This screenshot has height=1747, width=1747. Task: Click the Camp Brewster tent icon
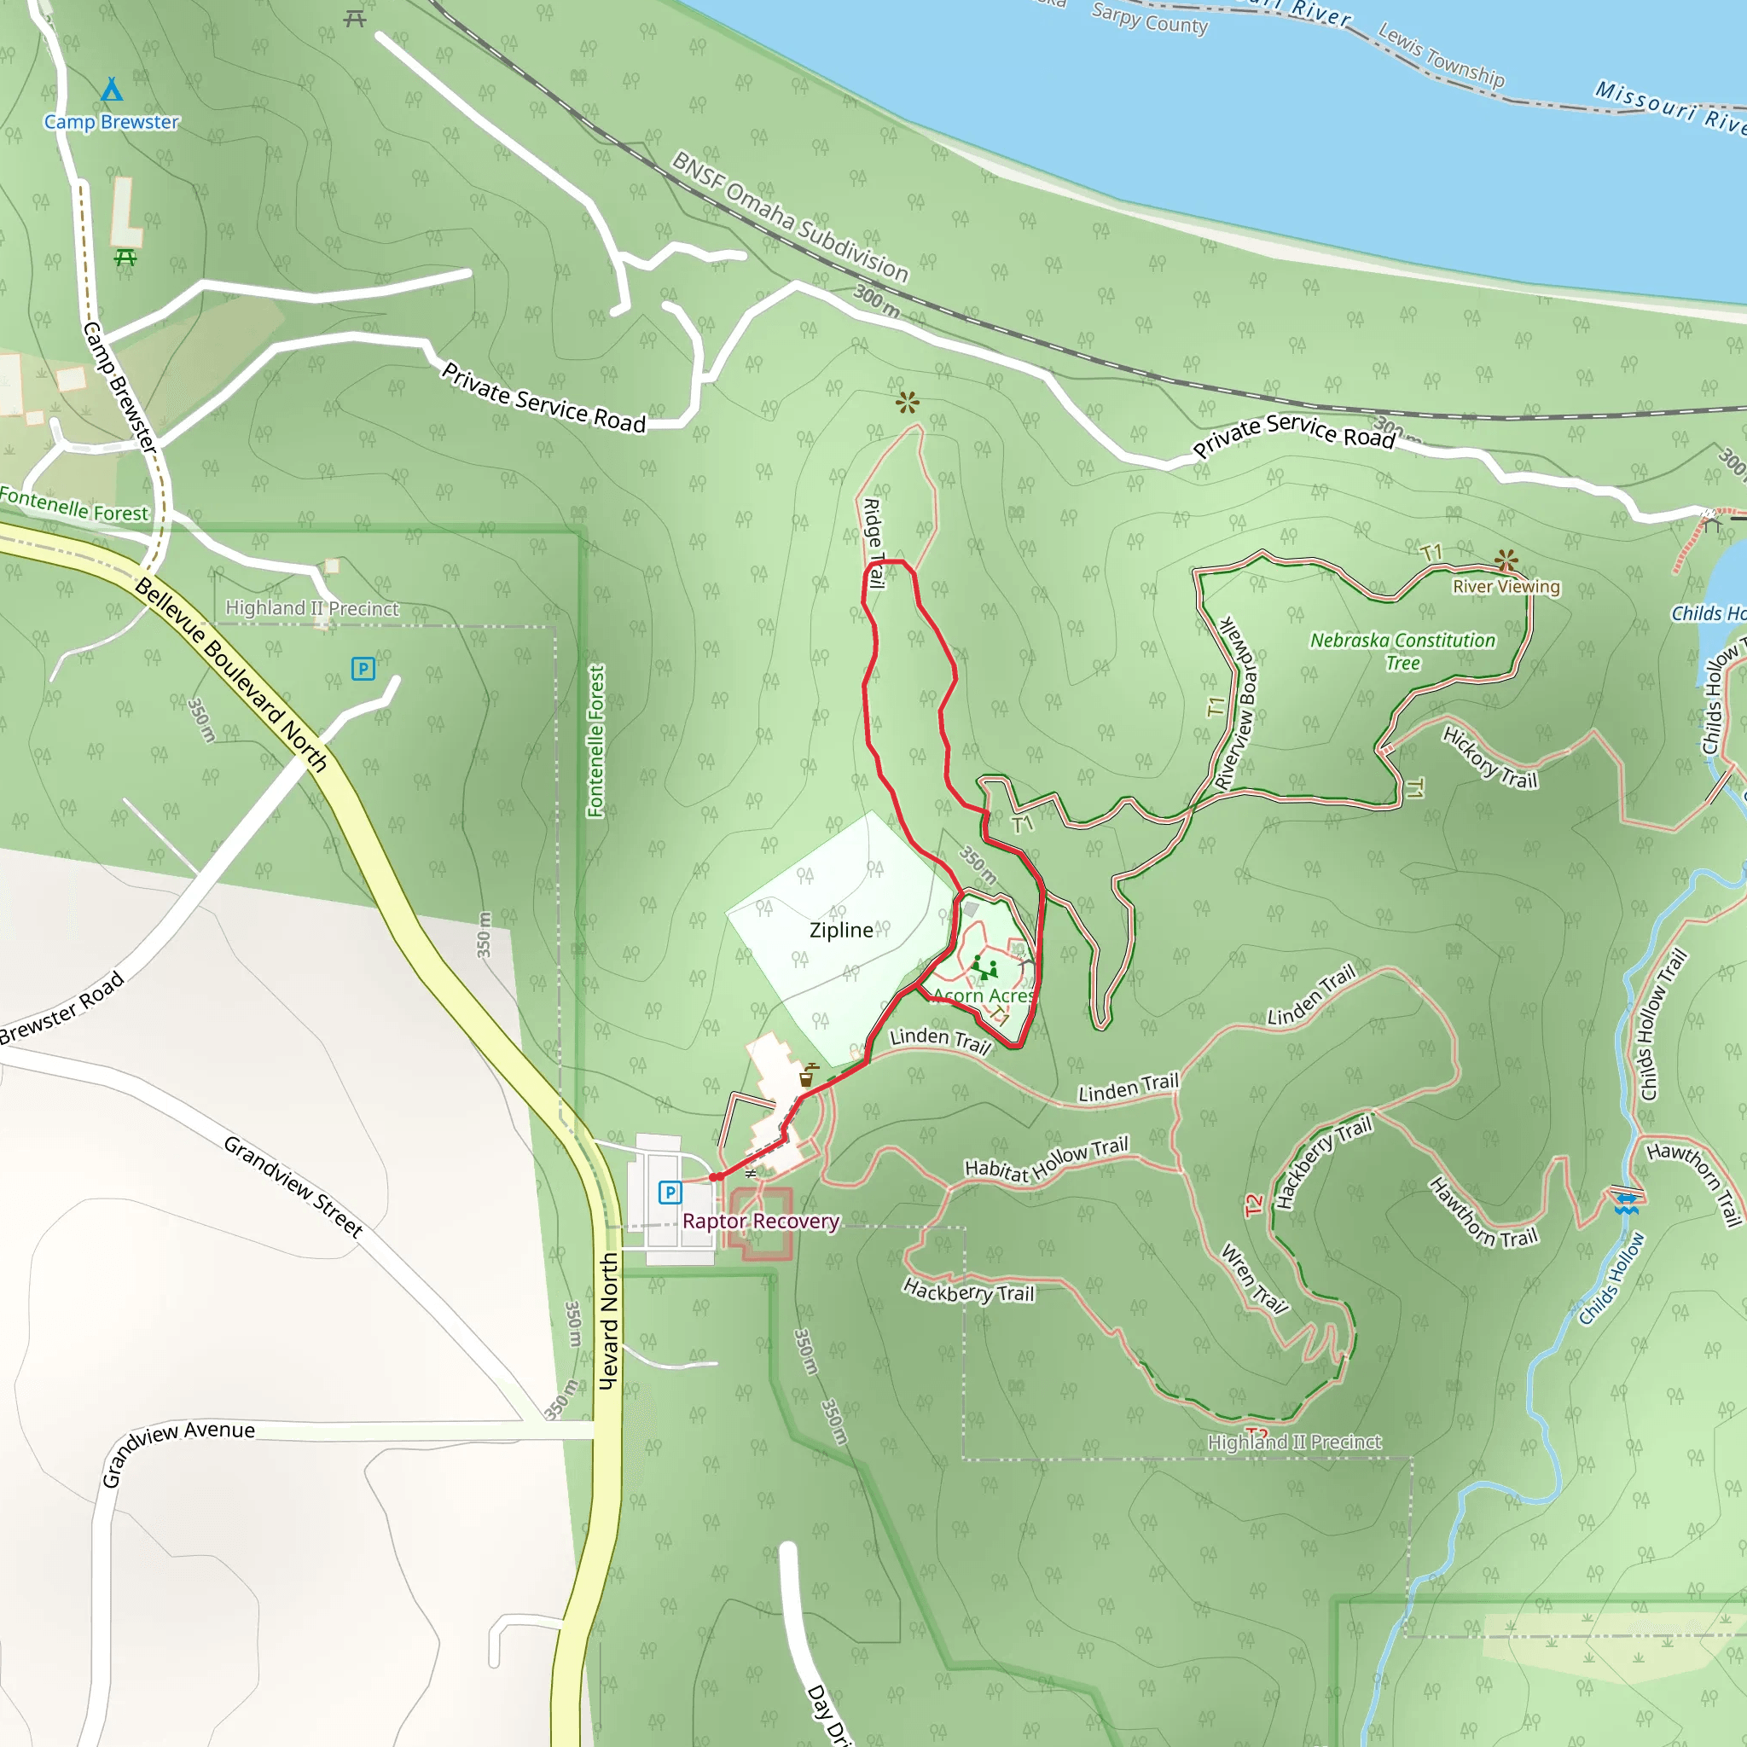[111, 90]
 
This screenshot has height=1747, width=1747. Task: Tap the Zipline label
[841, 930]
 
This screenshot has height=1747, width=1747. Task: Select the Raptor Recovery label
[760, 1221]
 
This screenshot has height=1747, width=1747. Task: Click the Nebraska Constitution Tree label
[1402, 651]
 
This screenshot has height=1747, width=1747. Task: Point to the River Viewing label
[1506, 586]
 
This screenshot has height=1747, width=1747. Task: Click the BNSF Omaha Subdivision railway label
[790, 217]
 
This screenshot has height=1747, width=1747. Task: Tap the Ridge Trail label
[873, 543]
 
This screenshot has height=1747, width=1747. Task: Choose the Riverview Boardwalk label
[1237, 704]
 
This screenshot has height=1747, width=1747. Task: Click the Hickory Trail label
[1489, 757]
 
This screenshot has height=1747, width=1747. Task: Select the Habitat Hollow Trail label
[1046, 1161]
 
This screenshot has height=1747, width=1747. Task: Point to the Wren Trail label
[1254, 1278]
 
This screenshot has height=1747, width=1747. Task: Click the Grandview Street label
[293, 1187]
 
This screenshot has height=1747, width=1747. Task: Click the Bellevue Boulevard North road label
[230, 675]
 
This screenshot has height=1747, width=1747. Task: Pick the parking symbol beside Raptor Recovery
[669, 1193]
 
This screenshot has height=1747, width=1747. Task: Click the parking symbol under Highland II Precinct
[363, 668]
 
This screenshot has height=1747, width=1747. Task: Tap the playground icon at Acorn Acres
[984, 967]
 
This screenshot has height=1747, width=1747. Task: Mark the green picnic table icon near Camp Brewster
[125, 258]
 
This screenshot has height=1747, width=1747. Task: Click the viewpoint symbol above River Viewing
[1506, 560]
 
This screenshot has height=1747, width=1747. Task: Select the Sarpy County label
[1149, 19]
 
